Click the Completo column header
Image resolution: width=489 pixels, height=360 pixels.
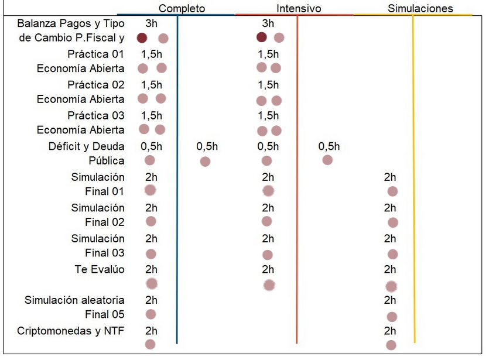coord(182,8)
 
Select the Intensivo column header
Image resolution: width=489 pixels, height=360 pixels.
coord(299,8)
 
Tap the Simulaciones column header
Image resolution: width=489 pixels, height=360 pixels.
coord(420,8)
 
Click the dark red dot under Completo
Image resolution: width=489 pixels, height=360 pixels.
coord(142,38)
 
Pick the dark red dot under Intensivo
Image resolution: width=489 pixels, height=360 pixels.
coord(262,37)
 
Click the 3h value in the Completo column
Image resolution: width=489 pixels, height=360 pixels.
coord(151,23)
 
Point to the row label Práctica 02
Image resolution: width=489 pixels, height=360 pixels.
coord(96,85)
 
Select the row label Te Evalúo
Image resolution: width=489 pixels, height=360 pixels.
coord(100,269)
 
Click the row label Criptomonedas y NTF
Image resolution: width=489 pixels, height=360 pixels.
coord(71,331)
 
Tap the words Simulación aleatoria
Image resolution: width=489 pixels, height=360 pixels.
coord(74,300)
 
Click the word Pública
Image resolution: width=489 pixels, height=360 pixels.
coord(107,161)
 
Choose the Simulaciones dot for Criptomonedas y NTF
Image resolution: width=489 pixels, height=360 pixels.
coord(391,345)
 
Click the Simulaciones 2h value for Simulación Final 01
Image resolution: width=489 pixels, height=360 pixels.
coord(390,177)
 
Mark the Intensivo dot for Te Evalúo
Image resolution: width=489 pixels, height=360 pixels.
coord(269,285)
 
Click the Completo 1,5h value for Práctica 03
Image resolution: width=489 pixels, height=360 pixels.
coord(152,116)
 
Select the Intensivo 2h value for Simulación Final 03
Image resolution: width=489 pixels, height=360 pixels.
coord(268,239)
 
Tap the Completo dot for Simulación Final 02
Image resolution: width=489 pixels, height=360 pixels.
coord(151,222)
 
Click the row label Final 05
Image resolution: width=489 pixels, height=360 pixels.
coord(105,314)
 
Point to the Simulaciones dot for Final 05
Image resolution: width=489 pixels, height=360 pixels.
coord(392,317)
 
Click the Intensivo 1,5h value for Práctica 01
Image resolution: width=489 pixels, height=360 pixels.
coord(268,54)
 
